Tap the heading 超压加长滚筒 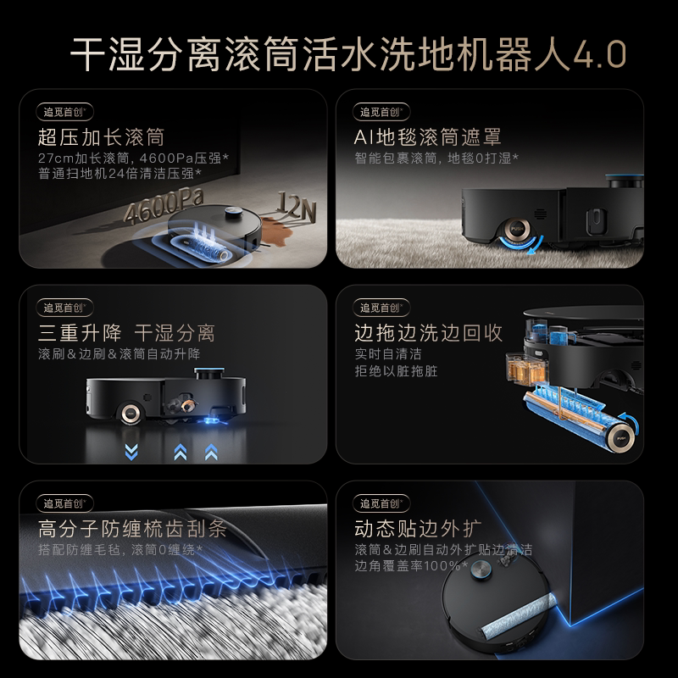pos(101,137)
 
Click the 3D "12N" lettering pos(292,204)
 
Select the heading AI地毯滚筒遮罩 pos(428,137)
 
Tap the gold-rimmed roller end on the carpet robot pos(514,229)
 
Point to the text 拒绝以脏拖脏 pos(397,371)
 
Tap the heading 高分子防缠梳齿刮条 pos(132,530)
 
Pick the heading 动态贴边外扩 pos(411,530)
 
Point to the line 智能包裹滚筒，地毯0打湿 pos(436,158)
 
